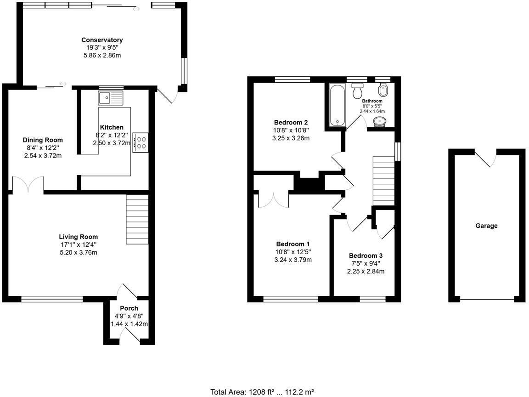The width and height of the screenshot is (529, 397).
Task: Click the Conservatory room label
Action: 102,40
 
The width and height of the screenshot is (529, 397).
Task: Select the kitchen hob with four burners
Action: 140,142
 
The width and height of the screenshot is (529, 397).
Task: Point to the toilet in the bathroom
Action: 357,91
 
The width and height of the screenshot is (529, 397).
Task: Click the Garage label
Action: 486,226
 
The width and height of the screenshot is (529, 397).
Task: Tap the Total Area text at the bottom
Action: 262,392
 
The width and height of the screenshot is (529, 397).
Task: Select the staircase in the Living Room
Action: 137,219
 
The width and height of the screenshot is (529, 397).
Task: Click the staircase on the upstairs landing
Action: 383,181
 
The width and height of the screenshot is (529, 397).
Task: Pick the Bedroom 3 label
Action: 366,256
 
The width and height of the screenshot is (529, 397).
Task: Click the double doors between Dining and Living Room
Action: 28,185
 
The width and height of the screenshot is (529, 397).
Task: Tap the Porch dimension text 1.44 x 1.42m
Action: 129,323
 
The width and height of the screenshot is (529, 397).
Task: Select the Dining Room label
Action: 43,140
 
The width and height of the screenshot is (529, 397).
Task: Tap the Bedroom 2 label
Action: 291,122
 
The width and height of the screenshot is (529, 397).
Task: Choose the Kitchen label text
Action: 112,127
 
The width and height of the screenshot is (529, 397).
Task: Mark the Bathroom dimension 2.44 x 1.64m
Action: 372,111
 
